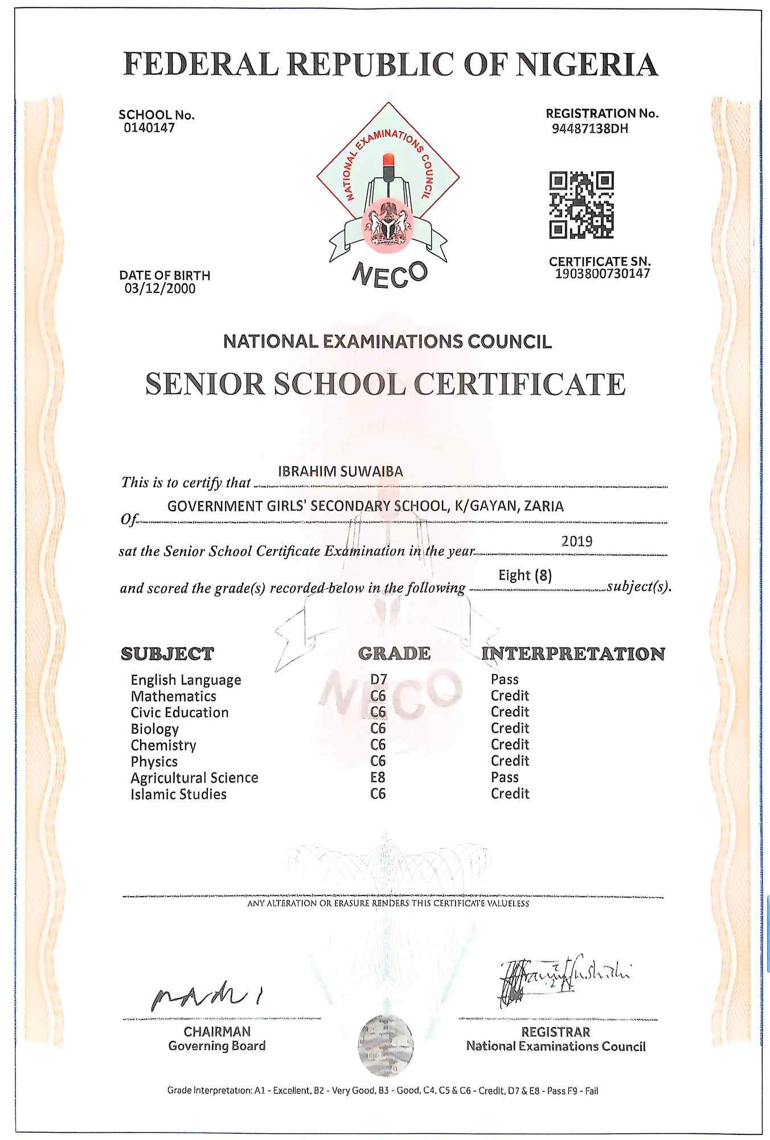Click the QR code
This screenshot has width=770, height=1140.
[x=581, y=205]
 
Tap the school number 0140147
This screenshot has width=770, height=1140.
[x=149, y=128]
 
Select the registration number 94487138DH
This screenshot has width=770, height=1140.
[x=590, y=128]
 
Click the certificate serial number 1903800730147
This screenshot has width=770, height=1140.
[x=603, y=274]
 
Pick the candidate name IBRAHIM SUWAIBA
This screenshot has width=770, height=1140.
[x=341, y=471]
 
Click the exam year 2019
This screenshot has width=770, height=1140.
[x=577, y=541]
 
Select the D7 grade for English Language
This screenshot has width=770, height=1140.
[x=378, y=679]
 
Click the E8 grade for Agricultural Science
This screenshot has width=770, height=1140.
[x=378, y=777]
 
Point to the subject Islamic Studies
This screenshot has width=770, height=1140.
[x=178, y=794]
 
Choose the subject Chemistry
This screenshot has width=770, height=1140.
[x=163, y=745]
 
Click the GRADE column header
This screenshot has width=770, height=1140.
[x=394, y=653]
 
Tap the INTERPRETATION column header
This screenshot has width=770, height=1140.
[x=573, y=653]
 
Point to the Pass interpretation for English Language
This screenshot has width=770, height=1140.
[x=505, y=679]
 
